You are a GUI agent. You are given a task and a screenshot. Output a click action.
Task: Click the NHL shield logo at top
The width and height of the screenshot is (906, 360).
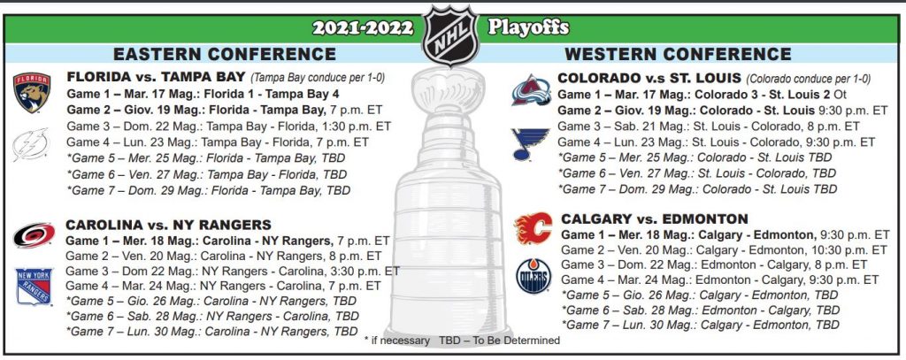pyautogui.click(x=450, y=34)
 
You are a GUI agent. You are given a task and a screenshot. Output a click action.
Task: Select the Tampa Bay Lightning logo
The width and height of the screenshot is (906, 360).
pyautogui.click(x=31, y=145)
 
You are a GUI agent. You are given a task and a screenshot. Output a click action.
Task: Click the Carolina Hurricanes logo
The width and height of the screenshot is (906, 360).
pyautogui.click(x=35, y=235)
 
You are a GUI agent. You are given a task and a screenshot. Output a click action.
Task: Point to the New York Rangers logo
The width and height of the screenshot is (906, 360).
pyautogui.click(x=34, y=287)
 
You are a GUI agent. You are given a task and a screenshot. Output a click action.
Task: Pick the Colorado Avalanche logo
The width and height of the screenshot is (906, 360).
pyautogui.click(x=531, y=90)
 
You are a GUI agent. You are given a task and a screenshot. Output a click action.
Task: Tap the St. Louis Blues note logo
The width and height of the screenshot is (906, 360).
pyautogui.click(x=530, y=144)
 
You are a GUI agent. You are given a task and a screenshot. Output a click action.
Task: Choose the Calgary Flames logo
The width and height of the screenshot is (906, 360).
pyautogui.click(x=533, y=228)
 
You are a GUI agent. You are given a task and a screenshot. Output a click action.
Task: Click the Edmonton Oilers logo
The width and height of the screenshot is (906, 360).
pyautogui.click(x=534, y=276)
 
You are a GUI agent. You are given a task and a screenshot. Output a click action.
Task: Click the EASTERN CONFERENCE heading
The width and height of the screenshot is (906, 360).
pyautogui.click(x=225, y=54)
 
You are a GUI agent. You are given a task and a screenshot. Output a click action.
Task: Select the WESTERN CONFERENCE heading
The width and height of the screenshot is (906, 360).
pyautogui.click(x=678, y=54)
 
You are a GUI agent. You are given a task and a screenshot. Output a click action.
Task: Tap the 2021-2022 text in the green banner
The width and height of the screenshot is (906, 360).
pyautogui.click(x=363, y=27)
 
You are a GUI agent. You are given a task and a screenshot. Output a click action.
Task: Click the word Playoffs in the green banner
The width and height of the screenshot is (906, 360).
pyautogui.click(x=528, y=27)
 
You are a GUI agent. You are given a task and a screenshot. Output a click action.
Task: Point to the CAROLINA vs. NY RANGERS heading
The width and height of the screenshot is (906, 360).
pyautogui.click(x=168, y=225)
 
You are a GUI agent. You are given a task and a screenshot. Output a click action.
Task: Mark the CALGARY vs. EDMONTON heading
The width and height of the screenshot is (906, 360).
pyautogui.click(x=655, y=219)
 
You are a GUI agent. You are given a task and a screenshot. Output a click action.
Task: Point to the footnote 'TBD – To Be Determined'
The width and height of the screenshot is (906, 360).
pyautogui.click(x=499, y=341)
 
